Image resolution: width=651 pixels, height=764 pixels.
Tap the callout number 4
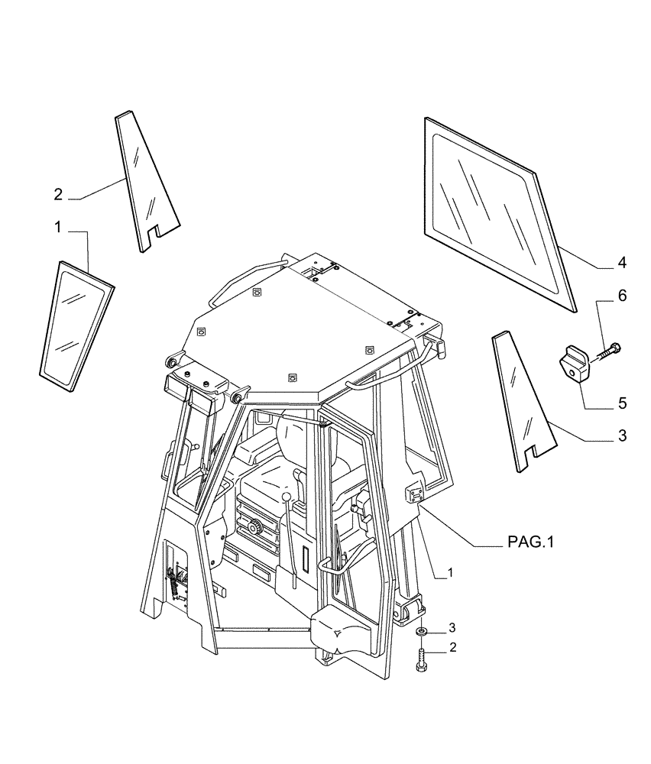pyautogui.click(x=622, y=263)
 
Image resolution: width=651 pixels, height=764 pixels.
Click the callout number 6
pyautogui.click(x=622, y=296)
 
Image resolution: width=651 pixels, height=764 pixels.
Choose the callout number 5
pyautogui.click(x=622, y=402)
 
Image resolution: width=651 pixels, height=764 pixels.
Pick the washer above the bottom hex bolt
pyautogui.click(x=421, y=632)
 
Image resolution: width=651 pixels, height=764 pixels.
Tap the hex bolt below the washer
pyautogui.click(x=421, y=656)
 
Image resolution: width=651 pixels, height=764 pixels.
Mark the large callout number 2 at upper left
pyautogui.click(x=58, y=195)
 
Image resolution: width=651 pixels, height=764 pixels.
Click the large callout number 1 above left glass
pyautogui.click(x=58, y=227)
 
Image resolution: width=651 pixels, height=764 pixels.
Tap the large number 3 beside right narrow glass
pyautogui.click(x=622, y=436)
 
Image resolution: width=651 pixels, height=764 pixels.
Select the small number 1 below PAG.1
pyautogui.click(x=450, y=572)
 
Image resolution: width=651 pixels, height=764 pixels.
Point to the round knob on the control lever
pyautogui.click(x=287, y=498)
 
